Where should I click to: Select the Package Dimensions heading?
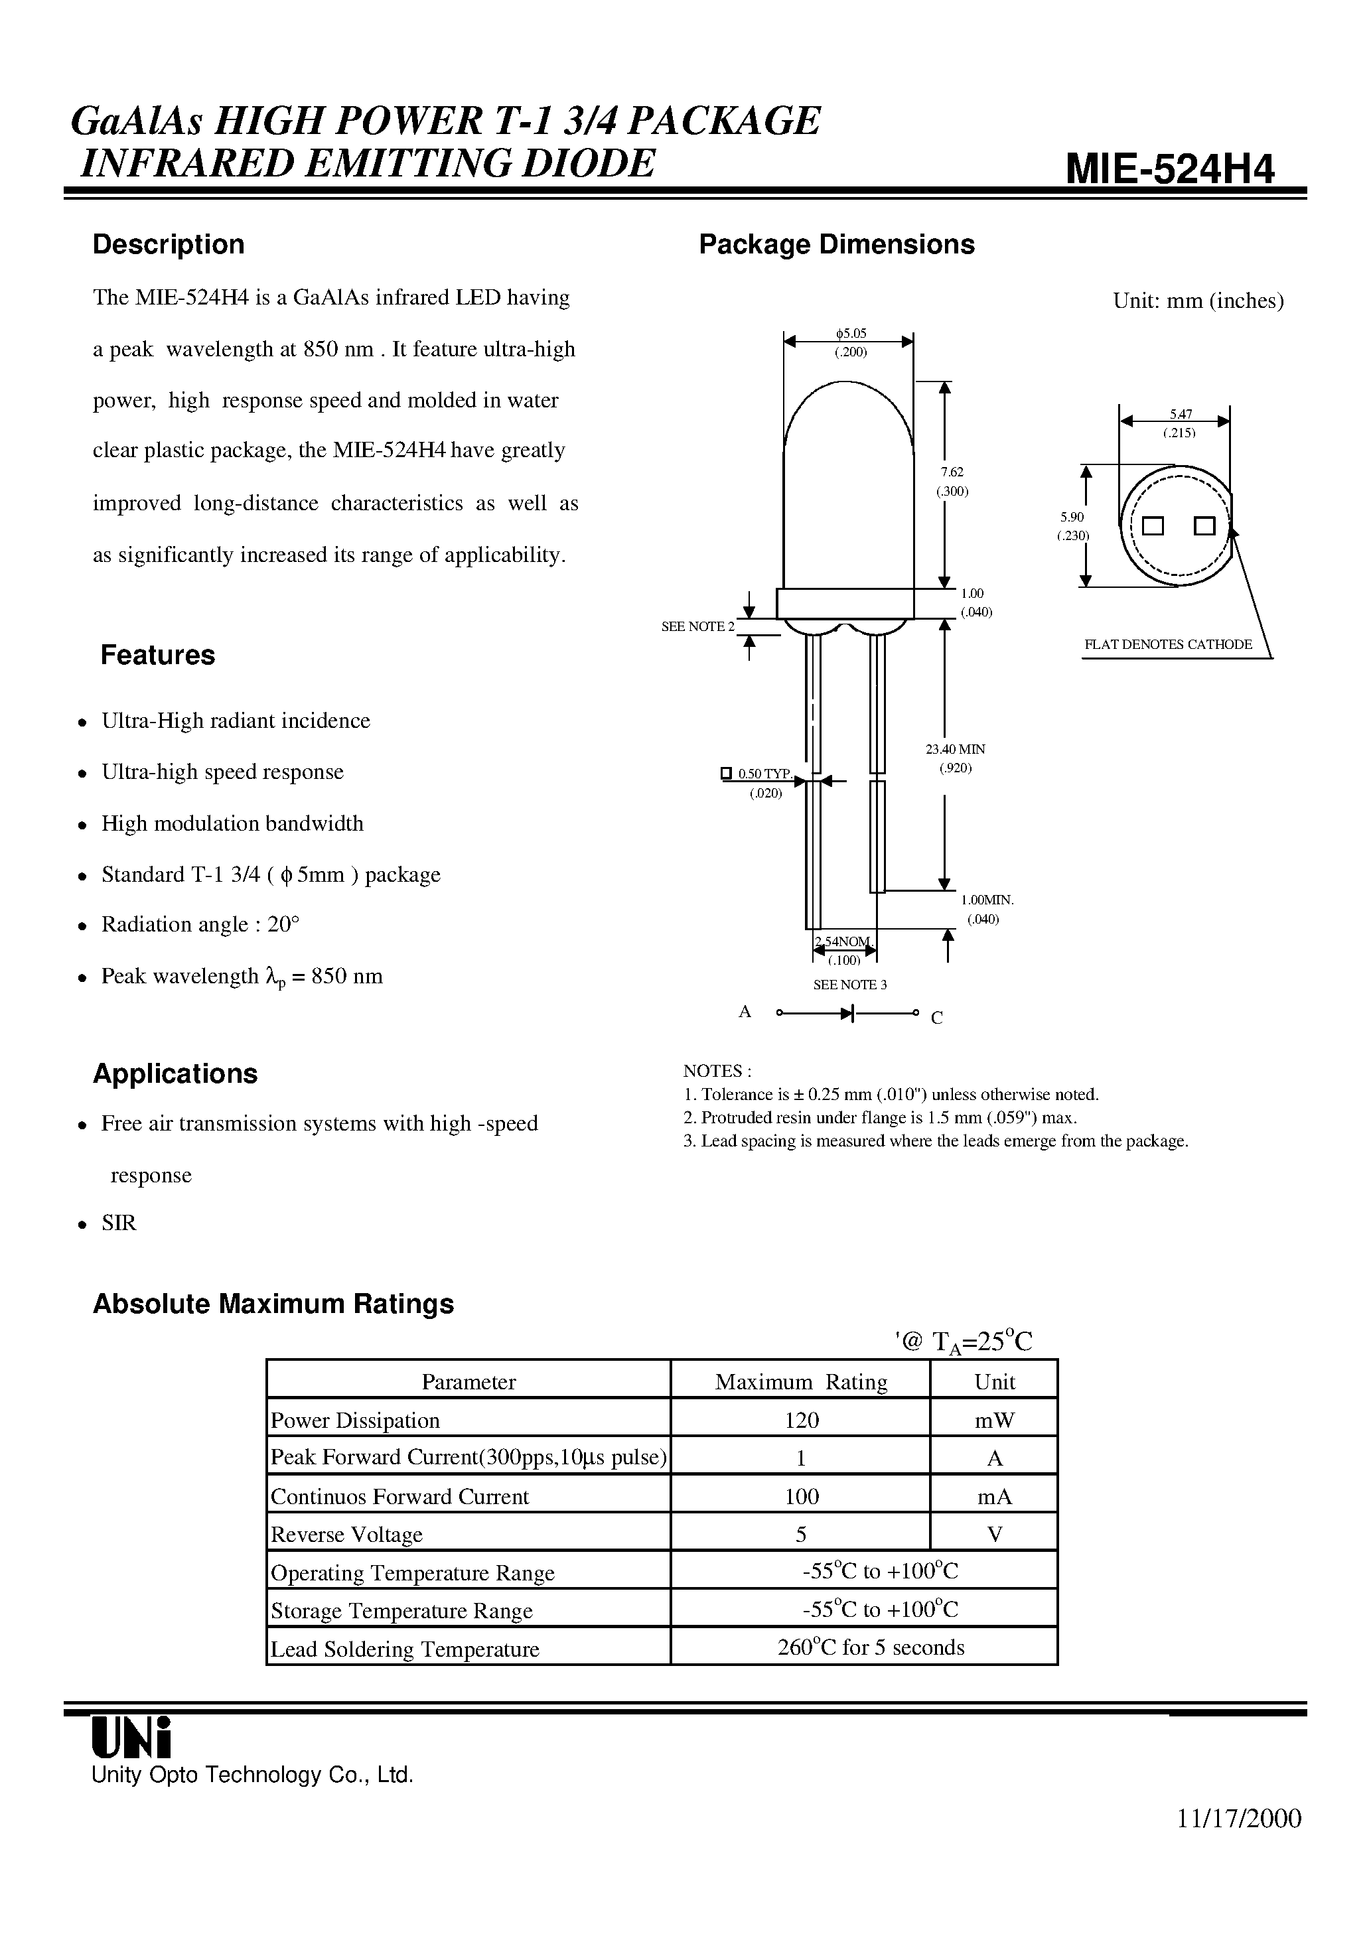click(x=836, y=244)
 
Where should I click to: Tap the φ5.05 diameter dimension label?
click(x=850, y=334)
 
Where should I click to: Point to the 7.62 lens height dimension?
click(x=952, y=472)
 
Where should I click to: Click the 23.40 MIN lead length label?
click(x=955, y=748)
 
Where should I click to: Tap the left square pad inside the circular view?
click(x=1152, y=526)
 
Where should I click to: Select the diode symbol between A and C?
click(x=847, y=1013)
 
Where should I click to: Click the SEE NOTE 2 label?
click(x=697, y=626)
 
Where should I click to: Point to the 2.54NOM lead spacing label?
click(x=843, y=942)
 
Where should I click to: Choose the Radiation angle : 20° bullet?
click(x=200, y=924)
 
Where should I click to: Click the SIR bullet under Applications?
click(x=118, y=1223)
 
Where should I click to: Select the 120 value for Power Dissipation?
click(x=802, y=1420)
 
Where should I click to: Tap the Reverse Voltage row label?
click(x=346, y=1535)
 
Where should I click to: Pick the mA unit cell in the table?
click(x=994, y=1496)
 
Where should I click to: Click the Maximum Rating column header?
click(x=800, y=1381)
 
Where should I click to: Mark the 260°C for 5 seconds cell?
click(x=871, y=1647)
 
